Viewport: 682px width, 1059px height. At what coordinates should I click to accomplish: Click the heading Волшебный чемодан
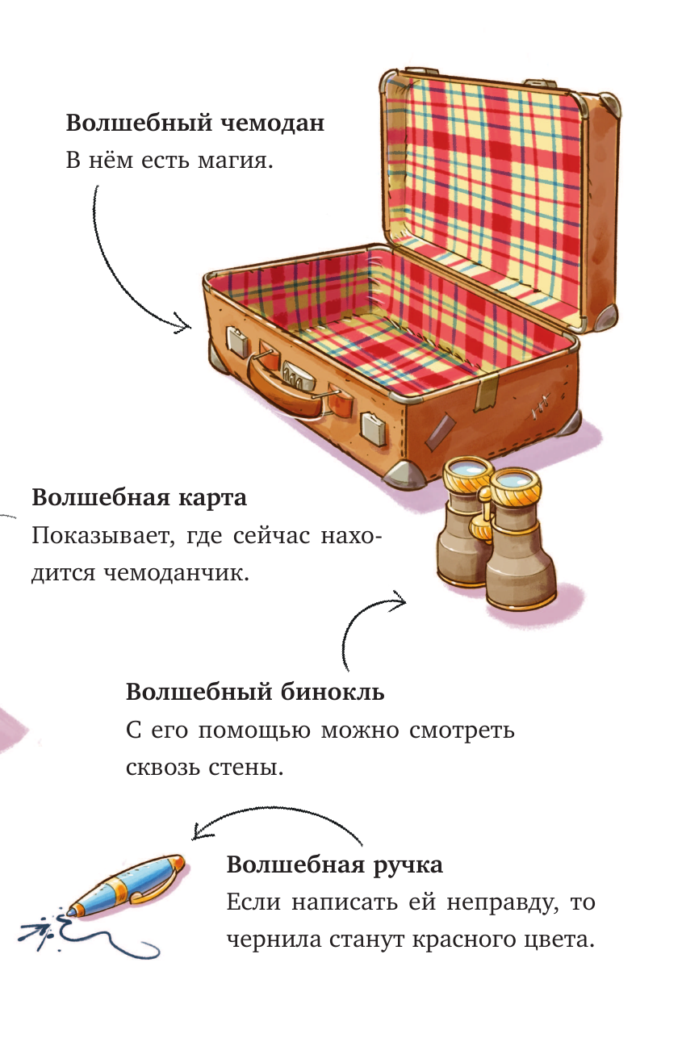tap(195, 123)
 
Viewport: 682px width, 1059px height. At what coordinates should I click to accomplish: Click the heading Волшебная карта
tap(139, 497)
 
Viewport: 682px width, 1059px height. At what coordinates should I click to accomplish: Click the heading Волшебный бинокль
tap(255, 692)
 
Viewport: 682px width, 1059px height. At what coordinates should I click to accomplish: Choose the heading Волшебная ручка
tap(334, 864)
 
